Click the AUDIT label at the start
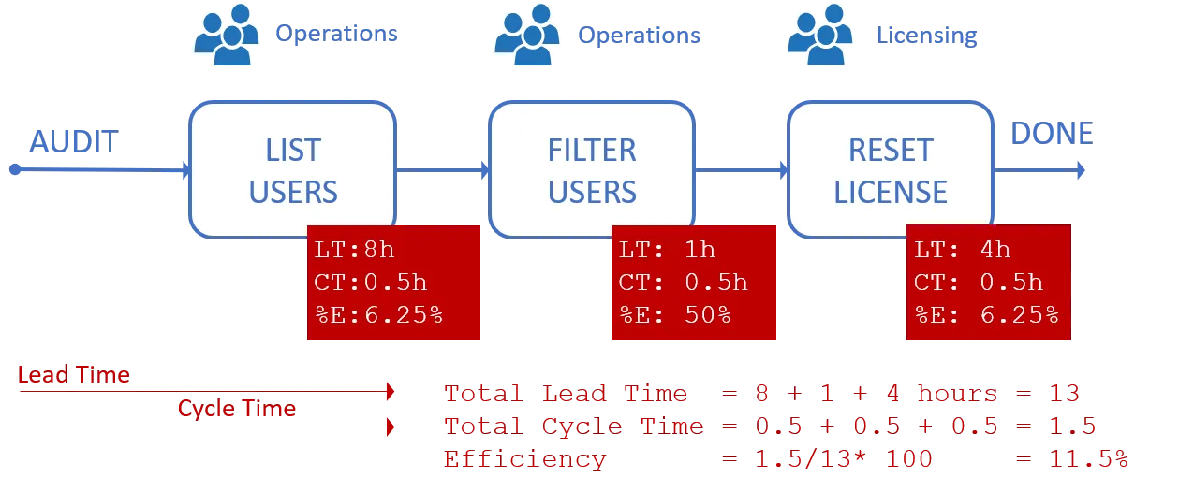click(x=73, y=143)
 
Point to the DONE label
click(x=1051, y=134)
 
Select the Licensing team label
click(x=927, y=36)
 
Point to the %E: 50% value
click(x=674, y=314)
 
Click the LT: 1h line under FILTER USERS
click(x=666, y=250)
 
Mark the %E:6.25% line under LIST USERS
click(x=376, y=314)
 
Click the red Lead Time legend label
click(x=74, y=375)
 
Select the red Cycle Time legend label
click(x=237, y=409)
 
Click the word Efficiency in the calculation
click(x=523, y=459)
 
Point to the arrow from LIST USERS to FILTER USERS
click(x=441, y=170)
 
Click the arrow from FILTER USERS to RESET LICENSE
click(x=741, y=170)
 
